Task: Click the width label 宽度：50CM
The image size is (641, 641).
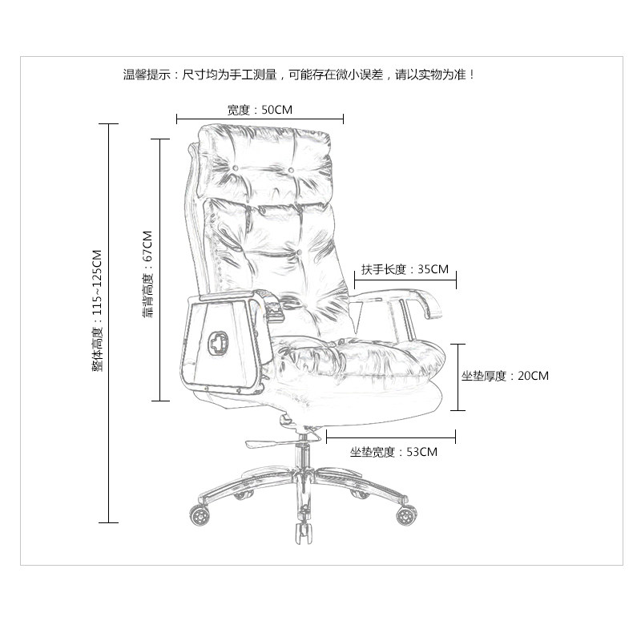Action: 260,110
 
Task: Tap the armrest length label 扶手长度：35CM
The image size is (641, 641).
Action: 405,269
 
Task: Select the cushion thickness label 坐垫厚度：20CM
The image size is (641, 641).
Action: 505,375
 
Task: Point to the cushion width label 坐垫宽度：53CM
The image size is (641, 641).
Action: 393,452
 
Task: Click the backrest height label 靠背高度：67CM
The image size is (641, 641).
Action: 147,275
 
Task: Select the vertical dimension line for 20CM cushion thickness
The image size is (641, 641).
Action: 458,377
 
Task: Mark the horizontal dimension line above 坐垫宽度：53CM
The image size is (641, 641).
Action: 391,437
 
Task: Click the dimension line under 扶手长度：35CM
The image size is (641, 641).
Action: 405,280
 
